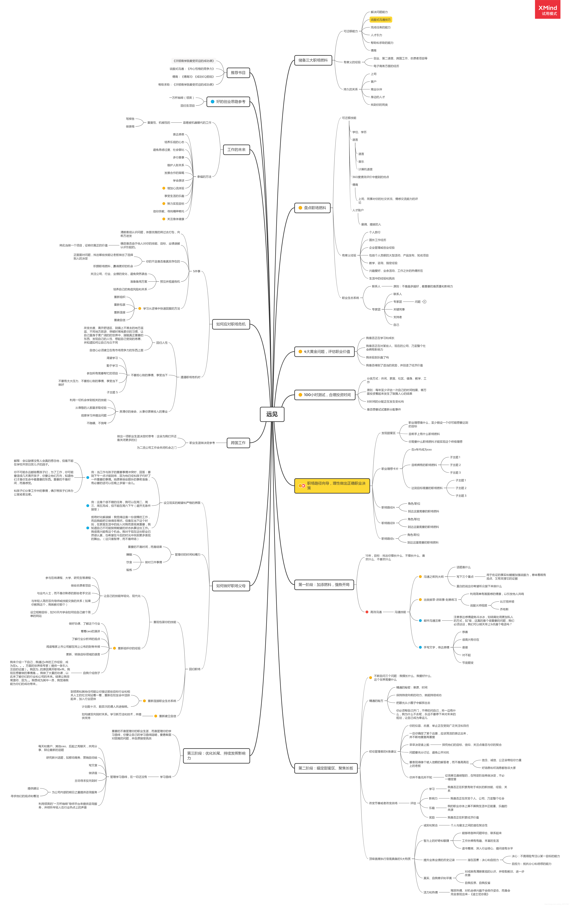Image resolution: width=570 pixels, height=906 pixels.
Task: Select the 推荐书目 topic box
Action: (238, 73)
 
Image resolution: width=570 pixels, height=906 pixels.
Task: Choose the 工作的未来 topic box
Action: (236, 150)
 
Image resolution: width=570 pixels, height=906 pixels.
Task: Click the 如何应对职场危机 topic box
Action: (231, 324)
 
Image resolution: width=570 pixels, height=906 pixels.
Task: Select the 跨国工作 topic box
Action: (238, 443)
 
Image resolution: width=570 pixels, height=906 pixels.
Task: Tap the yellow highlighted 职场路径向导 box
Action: (332, 485)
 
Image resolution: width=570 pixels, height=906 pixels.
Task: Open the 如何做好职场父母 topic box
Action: (231, 586)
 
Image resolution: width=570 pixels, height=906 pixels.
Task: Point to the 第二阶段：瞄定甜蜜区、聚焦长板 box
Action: (326, 768)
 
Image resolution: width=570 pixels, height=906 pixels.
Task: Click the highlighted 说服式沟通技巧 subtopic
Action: (381, 20)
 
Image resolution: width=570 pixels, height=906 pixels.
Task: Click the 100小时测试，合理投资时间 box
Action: (325, 395)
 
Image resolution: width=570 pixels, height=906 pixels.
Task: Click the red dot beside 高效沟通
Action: (367, 612)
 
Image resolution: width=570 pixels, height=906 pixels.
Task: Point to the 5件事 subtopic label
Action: (197, 271)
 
